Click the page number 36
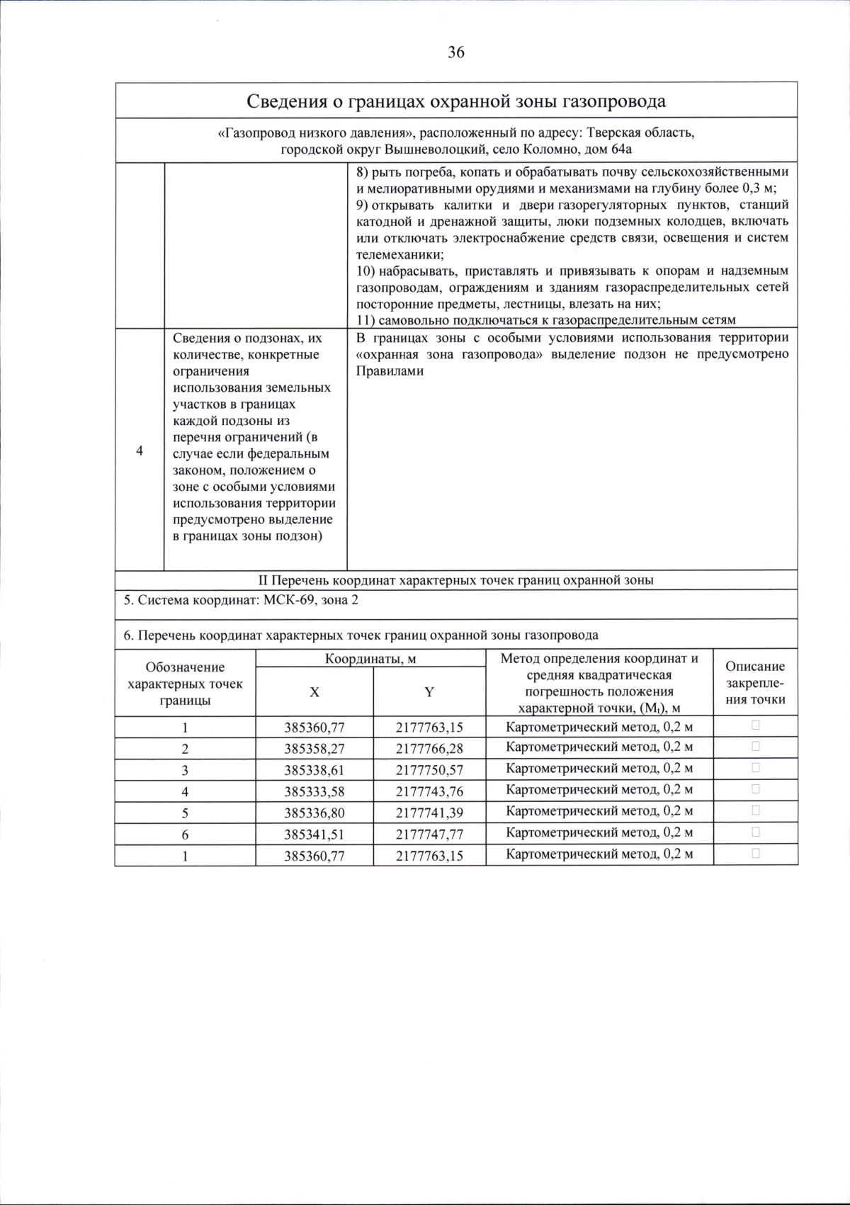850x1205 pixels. point(455,52)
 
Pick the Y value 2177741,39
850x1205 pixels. point(429,813)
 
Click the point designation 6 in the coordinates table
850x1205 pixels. point(185,835)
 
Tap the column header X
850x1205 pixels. point(314,692)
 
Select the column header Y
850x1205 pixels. point(429,692)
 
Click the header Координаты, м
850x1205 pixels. point(370,659)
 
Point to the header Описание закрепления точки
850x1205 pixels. point(755,683)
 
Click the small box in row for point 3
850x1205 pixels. point(756,768)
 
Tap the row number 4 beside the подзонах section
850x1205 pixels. point(140,451)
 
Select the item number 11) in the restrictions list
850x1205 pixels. point(366,320)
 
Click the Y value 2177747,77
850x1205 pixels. point(429,835)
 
